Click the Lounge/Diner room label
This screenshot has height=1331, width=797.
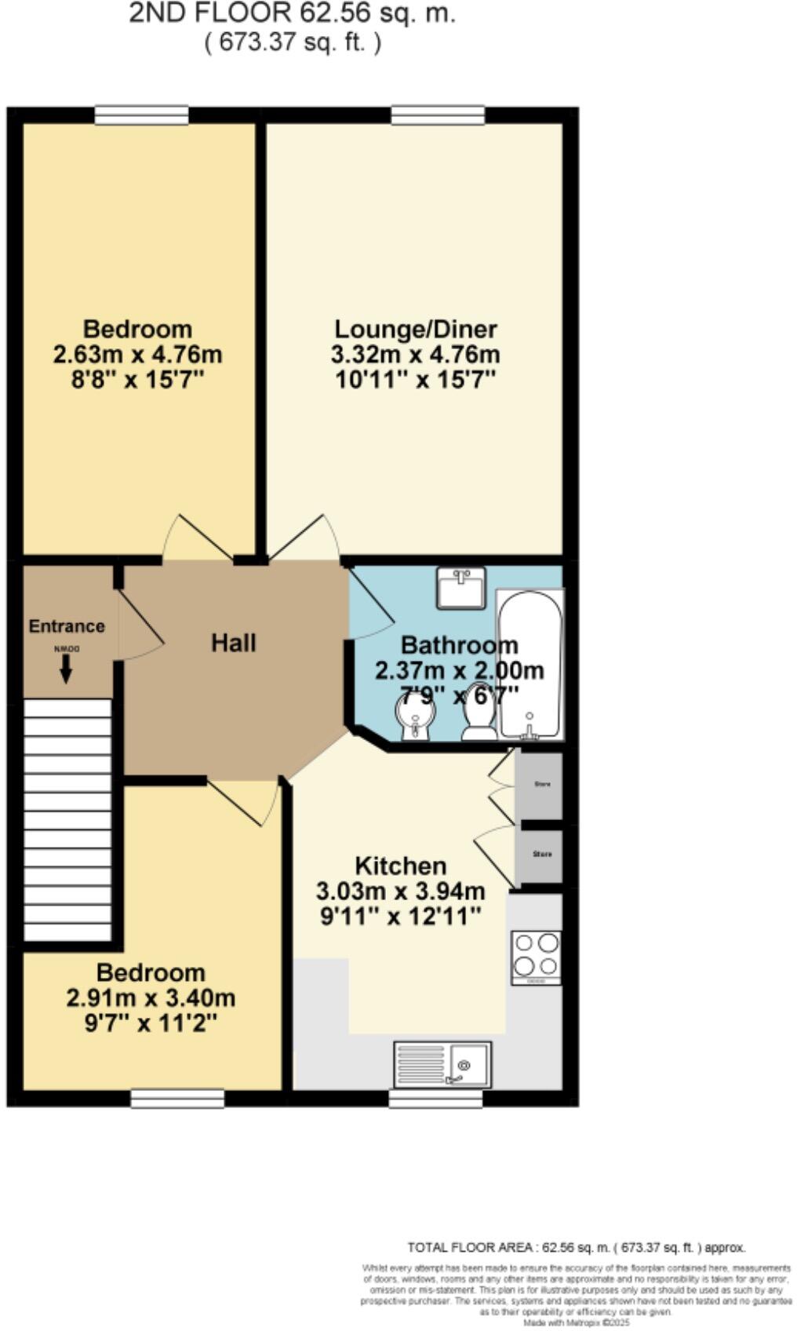[416, 329]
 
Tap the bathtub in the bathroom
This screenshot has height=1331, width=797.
[530, 664]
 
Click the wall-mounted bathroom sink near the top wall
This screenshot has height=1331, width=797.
[461, 587]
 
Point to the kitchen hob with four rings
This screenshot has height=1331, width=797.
[537, 956]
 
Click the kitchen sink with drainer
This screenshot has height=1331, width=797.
[442, 1064]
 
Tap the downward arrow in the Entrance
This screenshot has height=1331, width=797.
[66, 668]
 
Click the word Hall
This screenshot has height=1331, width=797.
[233, 644]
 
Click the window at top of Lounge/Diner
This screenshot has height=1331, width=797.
[438, 115]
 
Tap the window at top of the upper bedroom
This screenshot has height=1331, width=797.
[142, 115]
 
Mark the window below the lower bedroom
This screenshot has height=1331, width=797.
[177, 1098]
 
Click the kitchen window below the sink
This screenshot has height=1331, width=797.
[436, 1098]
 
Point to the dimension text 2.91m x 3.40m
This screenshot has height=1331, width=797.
[151, 998]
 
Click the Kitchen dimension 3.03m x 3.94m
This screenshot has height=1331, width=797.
[400, 892]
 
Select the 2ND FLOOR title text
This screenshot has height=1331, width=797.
[292, 13]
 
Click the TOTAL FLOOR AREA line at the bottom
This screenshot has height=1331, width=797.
[576, 1247]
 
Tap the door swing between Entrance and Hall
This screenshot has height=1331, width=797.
[140, 628]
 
